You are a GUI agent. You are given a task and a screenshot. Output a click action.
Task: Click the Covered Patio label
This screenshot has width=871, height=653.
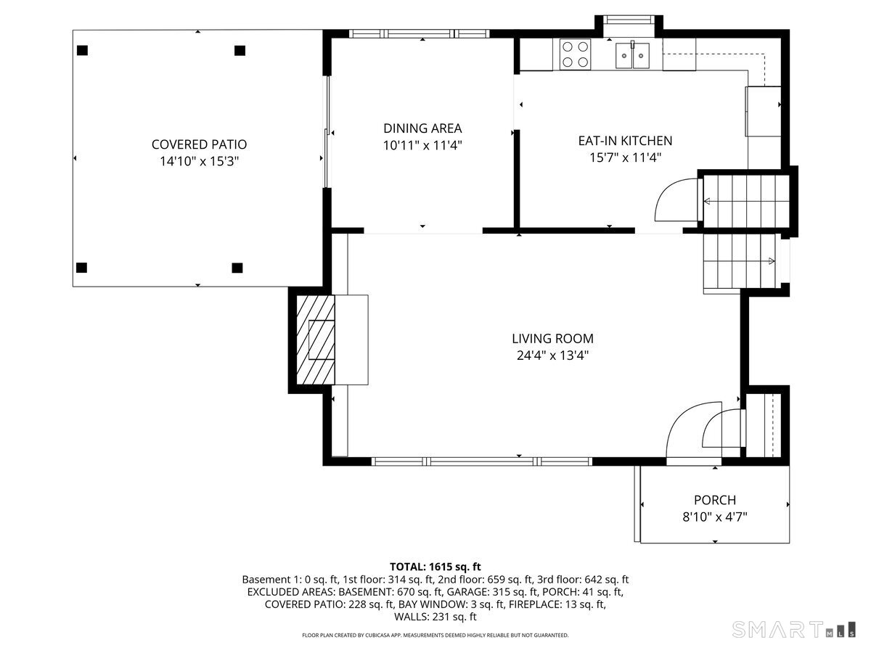click(199, 144)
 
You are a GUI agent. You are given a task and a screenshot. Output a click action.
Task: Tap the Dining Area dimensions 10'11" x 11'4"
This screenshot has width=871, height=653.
click(422, 146)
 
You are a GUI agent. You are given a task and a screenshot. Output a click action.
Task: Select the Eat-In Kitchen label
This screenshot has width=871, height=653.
click(625, 141)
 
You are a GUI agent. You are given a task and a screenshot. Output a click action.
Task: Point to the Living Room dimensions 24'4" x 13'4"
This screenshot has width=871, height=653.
click(552, 356)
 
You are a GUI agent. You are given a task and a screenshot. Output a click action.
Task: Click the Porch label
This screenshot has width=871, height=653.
click(715, 500)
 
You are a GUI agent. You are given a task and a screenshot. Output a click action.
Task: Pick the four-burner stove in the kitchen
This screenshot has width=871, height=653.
click(576, 54)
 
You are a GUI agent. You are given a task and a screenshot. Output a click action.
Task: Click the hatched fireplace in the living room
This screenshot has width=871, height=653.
click(316, 340)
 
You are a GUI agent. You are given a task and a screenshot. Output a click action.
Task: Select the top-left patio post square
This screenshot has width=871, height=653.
click(82, 50)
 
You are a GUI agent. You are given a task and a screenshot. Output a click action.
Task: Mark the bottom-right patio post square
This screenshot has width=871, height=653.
click(237, 268)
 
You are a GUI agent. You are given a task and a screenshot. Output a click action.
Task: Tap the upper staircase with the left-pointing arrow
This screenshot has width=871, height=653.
click(746, 202)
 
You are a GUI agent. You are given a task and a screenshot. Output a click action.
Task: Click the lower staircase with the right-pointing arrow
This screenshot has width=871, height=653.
click(739, 261)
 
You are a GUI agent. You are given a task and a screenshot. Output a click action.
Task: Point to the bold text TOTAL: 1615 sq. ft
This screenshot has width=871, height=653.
click(435, 567)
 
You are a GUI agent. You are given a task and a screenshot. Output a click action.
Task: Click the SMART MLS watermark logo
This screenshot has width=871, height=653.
click(793, 629)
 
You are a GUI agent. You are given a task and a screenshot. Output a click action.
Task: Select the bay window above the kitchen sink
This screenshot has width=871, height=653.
click(629, 20)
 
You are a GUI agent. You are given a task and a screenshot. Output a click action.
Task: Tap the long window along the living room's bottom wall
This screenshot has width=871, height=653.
click(482, 461)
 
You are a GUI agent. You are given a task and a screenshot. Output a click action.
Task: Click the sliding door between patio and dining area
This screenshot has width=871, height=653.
click(327, 131)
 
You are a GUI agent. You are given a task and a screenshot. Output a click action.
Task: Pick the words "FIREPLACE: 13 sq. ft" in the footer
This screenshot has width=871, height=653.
click(557, 604)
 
